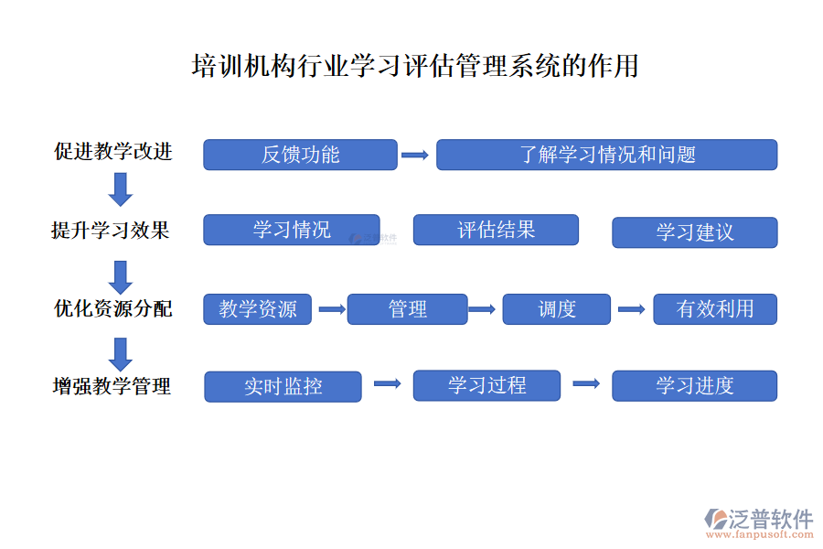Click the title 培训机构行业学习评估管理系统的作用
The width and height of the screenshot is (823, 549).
(x=414, y=67)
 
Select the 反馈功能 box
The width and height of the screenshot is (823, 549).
(x=300, y=155)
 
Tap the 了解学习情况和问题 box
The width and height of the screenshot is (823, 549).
(x=606, y=155)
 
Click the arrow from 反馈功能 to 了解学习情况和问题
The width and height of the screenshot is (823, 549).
(x=415, y=156)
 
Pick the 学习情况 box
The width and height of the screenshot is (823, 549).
(x=291, y=230)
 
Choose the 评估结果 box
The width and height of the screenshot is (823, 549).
(x=496, y=230)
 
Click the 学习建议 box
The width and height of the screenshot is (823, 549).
(x=694, y=232)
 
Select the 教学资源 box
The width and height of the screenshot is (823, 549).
(x=257, y=309)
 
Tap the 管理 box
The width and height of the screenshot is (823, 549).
(x=407, y=309)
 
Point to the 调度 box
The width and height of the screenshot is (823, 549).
(x=556, y=309)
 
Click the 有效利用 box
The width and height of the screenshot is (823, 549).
(x=715, y=309)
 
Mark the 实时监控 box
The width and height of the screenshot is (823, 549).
(x=283, y=386)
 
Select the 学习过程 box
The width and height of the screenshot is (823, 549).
(x=486, y=385)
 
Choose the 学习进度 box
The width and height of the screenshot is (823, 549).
(x=694, y=385)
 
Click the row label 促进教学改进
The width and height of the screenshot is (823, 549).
(x=113, y=151)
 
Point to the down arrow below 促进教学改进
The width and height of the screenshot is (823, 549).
(x=120, y=188)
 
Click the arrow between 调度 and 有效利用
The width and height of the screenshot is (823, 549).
(x=631, y=309)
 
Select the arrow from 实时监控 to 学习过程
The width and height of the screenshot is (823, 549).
(x=388, y=384)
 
